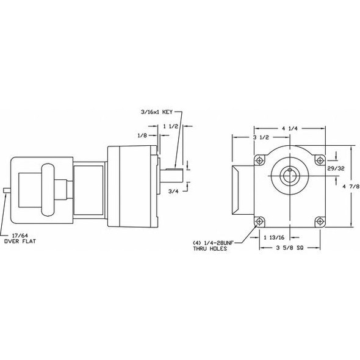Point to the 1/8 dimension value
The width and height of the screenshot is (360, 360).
[x=142, y=135]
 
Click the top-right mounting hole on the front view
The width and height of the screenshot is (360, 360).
[x=317, y=160]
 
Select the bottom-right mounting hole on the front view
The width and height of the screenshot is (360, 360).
[x=317, y=221]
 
